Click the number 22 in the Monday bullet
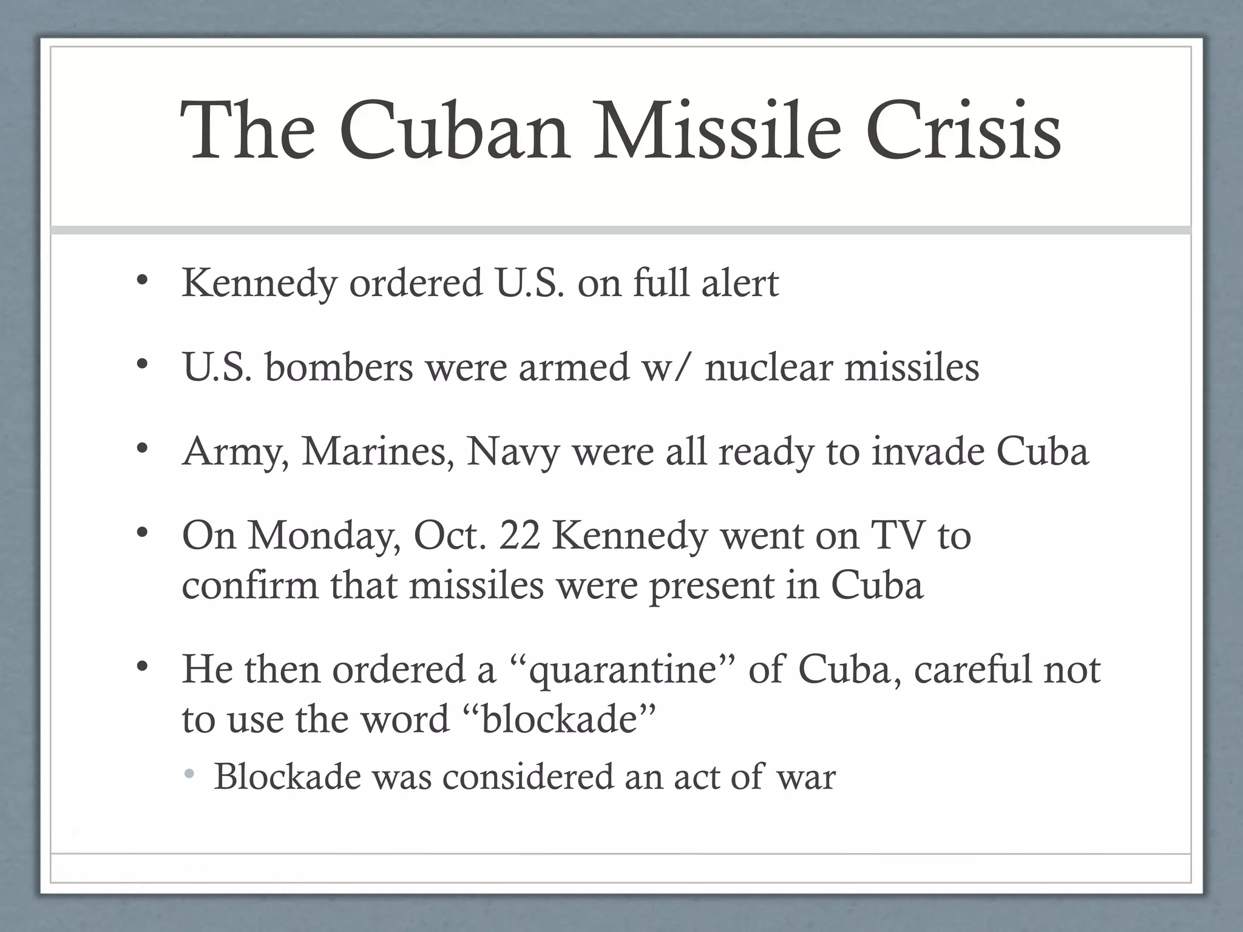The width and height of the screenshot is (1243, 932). pyautogui.click(x=520, y=536)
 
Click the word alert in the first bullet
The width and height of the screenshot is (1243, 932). pyautogui.click(x=740, y=283)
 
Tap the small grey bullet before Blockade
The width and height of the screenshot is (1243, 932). pyautogui.click(x=190, y=774)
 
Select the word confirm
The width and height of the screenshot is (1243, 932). pyautogui.click(x=249, y=586)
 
